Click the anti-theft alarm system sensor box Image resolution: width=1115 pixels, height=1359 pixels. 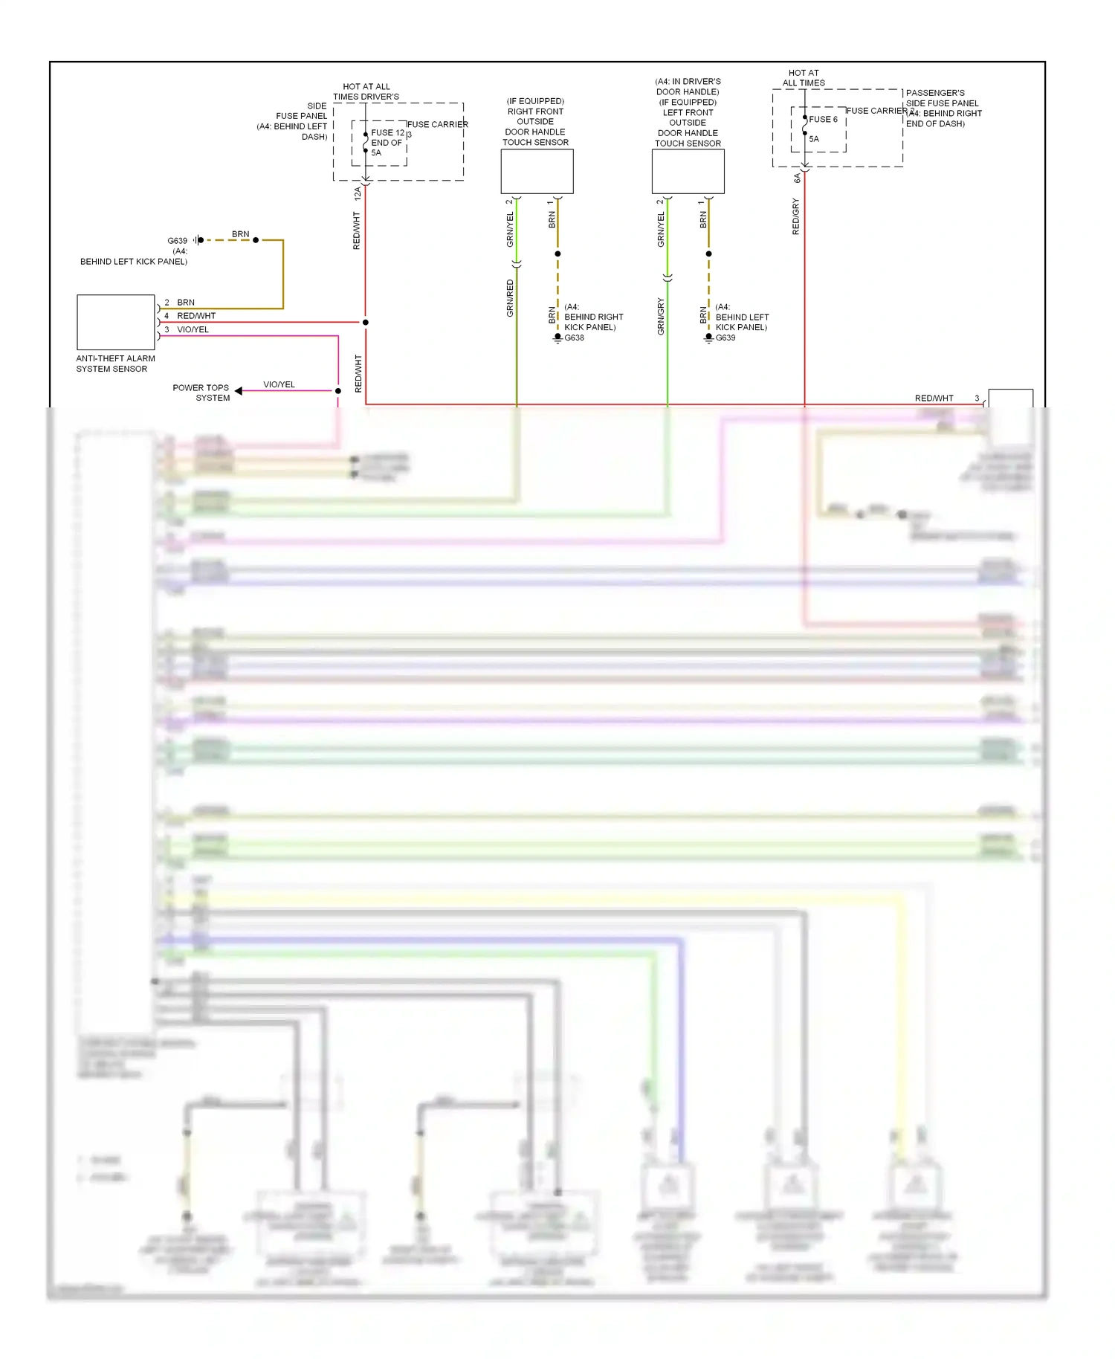pyautogui.click(x=116, y=322)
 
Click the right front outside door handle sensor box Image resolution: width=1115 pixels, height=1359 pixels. pyautogui.click(x=537, y=171)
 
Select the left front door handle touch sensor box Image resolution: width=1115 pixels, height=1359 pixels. pyautogui.click(x=688, y=171)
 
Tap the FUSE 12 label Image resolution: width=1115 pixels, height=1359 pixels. pyautogui.click(x=387, y=133)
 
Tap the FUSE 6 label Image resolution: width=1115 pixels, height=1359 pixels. pyautogui.click(x=823, y=119)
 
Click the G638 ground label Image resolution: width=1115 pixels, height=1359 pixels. pyautogui.click(x=574, y=338)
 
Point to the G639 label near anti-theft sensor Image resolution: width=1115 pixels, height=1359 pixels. pyautogui.click(x=177, y=241)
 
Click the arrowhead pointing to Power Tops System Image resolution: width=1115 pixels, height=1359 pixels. pyautogui.click(x=239, y=390)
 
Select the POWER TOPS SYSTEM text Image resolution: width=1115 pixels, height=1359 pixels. pyautogui.click(x=201, y=393)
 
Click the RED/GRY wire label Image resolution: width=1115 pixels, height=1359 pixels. pyautogui.click(x=796, y=216)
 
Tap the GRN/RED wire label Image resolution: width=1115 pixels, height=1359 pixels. pyautogui.click(x=510, y=298)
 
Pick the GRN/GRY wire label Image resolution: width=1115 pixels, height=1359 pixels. pyautogui.click(x=661, y=316)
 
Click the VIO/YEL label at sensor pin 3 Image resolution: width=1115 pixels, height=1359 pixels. pyautogui.click(x=193, y=329)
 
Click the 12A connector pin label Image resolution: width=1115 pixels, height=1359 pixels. pyautogui.click(x=358, y=193)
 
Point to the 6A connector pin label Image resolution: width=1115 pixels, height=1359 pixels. pyautogui.click(x=797, y=178)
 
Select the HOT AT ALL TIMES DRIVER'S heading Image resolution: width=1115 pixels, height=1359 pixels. pyautogui.click(x=366, y=91)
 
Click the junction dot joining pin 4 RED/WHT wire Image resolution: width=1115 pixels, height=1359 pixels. pyautogui.click(x=365, y=322)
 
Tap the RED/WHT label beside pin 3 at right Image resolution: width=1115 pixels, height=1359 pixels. pyautogui.click(x=934, y=398)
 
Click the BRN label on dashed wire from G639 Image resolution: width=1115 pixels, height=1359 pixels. pyautogui.click(x=240, y=234)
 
